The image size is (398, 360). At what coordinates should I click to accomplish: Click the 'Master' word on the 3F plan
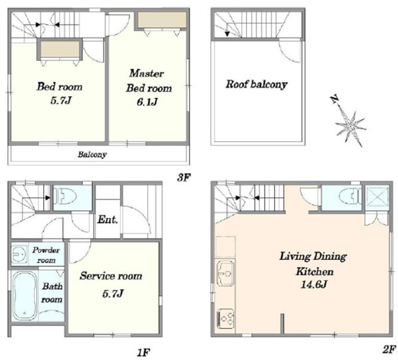coord(147,74)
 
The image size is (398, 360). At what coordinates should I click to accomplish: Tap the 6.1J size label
coord(147,102)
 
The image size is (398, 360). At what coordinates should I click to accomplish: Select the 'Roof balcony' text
coord(256,84)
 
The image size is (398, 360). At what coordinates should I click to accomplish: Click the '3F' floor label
coord(183,178)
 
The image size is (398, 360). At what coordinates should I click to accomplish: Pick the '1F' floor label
coord(143,353)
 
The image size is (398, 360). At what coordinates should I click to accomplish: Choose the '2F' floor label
coord(389,349)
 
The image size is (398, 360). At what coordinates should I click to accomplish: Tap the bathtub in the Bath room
coord(25,296)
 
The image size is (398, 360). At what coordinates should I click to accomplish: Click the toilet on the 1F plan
coord(66,197)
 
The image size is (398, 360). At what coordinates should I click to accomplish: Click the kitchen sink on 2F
coord(225,274)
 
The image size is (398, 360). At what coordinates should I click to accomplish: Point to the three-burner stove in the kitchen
coord(225,318)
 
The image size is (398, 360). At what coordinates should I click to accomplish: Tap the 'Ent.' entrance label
coord(107,219)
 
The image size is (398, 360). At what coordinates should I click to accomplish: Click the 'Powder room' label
coord(46,255)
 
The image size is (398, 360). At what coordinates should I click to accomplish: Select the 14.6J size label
coord(314,284)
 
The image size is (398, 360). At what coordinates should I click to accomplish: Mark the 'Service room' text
coord(111,276)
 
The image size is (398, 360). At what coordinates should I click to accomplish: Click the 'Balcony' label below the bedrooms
coord(92,154)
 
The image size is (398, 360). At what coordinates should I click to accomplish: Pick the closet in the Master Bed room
coord(162,19)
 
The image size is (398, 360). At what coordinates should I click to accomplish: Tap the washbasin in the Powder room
coord(19,254)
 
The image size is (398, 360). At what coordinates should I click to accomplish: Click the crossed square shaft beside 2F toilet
coord(377,198)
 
